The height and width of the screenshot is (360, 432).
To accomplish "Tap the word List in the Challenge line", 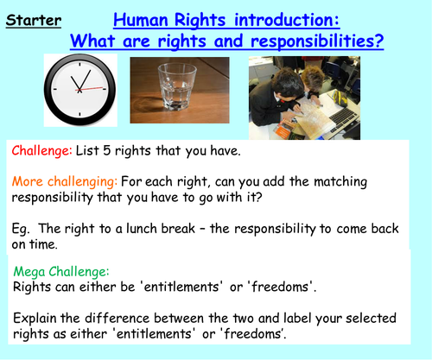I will [93, 151].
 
